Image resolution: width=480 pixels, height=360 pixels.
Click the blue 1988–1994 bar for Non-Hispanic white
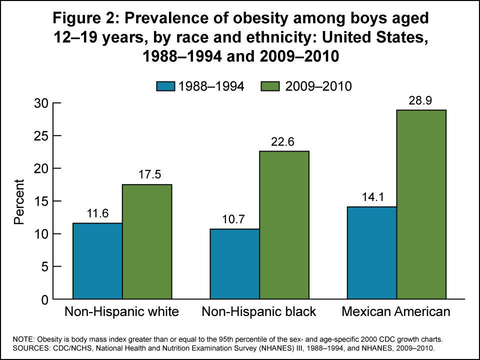click(97, 261)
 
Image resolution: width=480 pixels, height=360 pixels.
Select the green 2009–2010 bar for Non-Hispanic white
click(147, 242)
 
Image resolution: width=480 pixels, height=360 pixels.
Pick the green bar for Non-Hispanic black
click(284, 225)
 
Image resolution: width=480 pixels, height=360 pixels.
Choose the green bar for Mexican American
click(421, 204)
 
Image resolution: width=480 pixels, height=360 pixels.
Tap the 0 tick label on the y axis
click(44, 299)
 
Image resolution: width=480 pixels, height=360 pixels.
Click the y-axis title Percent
click(19, 201)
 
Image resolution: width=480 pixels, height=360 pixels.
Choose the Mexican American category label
click(396, 312)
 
